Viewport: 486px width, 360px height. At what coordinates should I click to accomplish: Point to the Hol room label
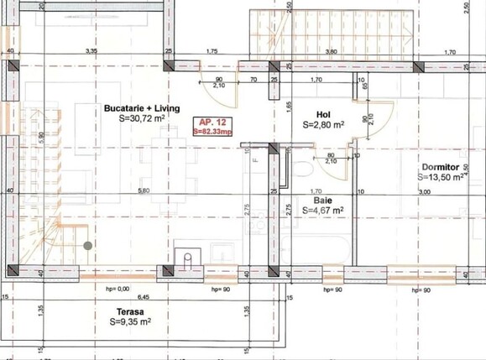point(323,113)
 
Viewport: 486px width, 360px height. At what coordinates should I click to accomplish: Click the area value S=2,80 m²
point(323,124)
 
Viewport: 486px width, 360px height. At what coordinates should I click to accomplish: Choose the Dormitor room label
point(439,166)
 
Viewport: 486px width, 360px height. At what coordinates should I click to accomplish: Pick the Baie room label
point(323,201)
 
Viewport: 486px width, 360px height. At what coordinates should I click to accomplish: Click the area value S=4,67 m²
point(323,211)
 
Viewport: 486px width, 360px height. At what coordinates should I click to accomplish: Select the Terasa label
point(129,310)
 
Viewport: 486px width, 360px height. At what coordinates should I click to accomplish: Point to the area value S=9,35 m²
point(129,321)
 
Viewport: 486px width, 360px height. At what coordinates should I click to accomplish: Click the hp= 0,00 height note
point(118,289)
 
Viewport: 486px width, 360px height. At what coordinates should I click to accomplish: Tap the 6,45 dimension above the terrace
point(144,297)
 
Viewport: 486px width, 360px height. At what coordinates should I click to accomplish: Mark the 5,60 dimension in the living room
point(144,191)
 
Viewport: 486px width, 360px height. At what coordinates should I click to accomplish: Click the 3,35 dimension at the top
point(91,52)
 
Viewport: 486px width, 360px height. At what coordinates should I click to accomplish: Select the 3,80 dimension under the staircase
point(331,52)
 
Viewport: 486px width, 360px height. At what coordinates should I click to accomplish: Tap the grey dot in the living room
point(87,246)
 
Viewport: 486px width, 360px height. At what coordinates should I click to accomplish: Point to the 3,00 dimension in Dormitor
point(424,192)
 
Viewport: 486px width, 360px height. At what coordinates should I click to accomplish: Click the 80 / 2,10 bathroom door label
point(332,158)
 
